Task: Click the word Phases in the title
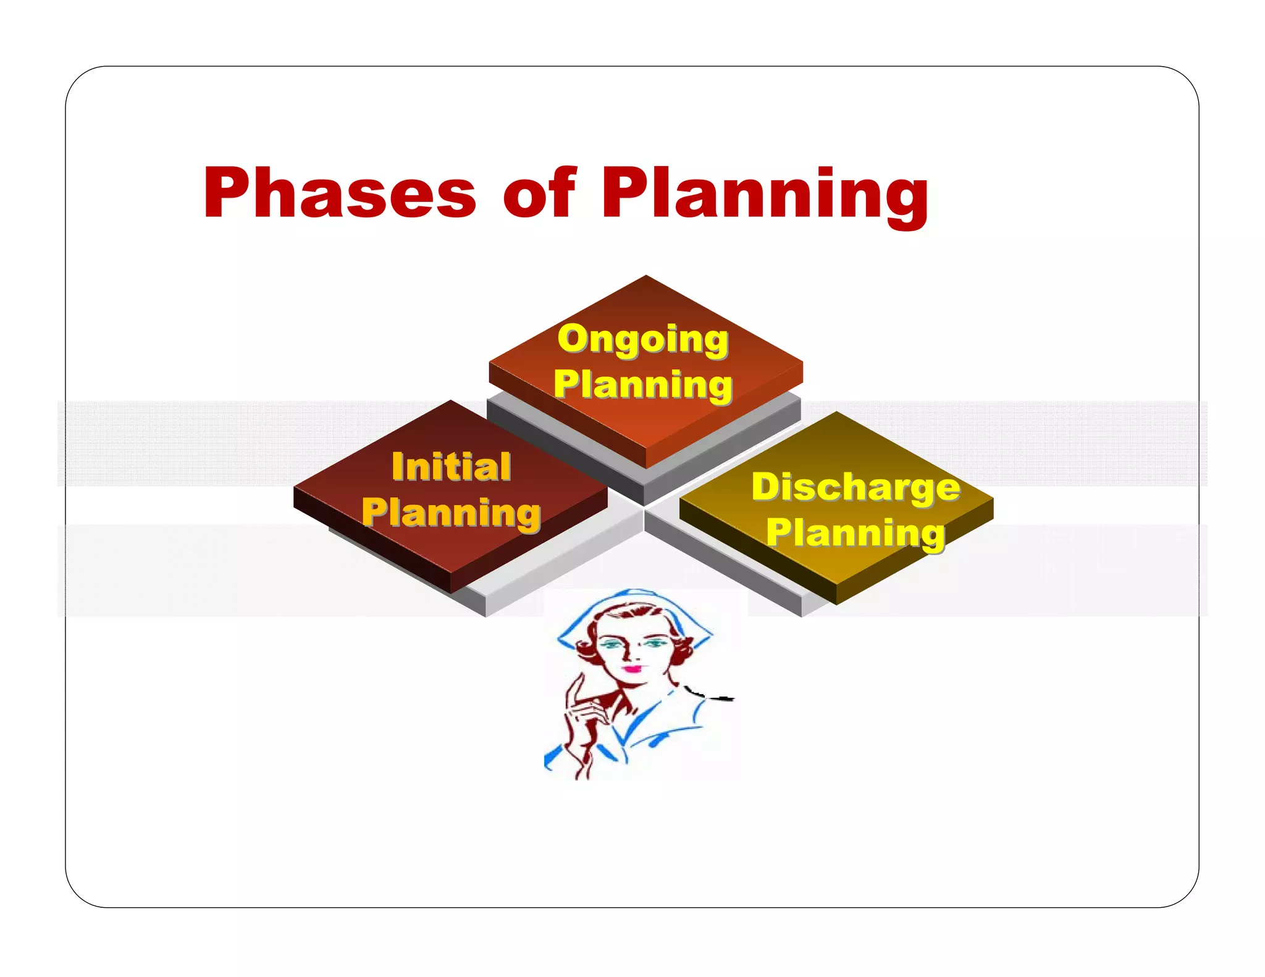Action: coord(339,193)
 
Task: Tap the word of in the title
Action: coord(539,193)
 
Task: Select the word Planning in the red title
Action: coord(765,194)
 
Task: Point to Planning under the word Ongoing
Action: coord(643,384)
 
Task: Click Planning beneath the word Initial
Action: coord(452,513)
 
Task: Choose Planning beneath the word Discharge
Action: coord(856,532)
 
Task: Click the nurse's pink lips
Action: coord(631,668)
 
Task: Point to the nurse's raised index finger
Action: coord(578,686)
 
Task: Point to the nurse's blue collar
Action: coord(655,726)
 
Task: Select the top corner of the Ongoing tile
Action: coord(646,277)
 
